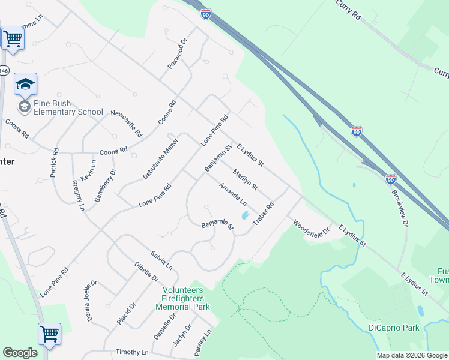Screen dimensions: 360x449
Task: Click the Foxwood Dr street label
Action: pyautogui.click(x=178, y=53)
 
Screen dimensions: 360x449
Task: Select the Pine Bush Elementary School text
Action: pyautogui.click(x=68, y=108)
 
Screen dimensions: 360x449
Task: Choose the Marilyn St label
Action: pyautogui.click(x=245, y=179)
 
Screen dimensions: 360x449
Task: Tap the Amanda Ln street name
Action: pyautogui.click(x=232, y=194)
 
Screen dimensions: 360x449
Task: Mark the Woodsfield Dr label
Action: pyautogui.click(x=312, y=229)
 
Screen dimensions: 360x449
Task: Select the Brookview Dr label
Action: pyautogui.click(x=399, y=208)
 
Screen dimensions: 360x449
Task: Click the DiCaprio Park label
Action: pyautogui.click(x=394, y=328)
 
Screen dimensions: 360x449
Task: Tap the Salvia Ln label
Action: pyautogui.click(x=162, y=260)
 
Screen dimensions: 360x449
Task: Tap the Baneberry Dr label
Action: pyautogui.click(x=105, y=185)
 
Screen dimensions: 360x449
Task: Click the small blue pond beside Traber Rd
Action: pyautogui.click(x=244, y=215)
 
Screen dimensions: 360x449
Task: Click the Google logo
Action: pyautogui.click(x=20, y=353)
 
